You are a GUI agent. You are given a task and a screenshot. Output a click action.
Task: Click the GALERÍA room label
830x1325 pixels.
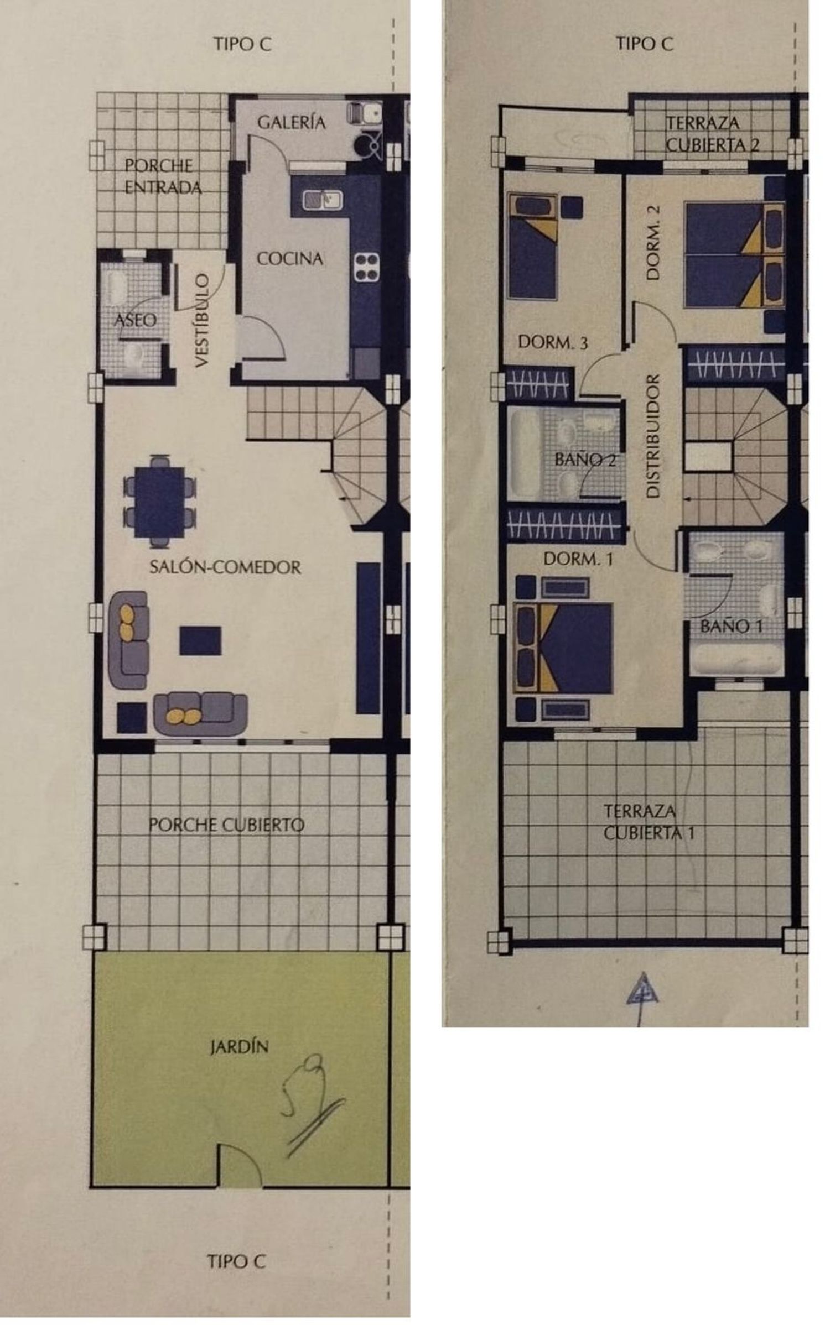coord(291,122)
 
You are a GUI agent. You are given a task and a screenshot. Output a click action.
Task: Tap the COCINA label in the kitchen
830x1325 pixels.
coord(290,258)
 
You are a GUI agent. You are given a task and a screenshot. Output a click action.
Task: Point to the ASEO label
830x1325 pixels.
coord(135,320)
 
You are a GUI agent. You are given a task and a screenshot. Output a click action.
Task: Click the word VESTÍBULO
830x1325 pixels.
coord(203,320)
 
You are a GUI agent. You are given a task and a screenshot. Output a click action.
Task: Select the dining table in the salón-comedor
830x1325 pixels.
coord(159,502)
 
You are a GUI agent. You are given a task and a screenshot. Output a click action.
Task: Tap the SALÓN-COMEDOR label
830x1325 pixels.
coord(225,567)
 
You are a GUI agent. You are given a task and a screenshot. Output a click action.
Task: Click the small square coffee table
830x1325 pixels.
coord(200,640)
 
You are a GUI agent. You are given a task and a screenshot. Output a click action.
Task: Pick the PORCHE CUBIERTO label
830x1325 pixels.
coord(226,825)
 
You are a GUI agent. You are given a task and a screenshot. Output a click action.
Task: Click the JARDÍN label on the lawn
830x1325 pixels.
coord(239,1047)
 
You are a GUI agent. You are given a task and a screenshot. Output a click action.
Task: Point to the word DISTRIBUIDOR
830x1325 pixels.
coord(653,436)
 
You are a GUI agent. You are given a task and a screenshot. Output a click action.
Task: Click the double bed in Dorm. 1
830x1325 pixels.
coord(563,648)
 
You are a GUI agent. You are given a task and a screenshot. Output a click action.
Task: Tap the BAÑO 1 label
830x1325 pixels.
coord(732,626)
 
